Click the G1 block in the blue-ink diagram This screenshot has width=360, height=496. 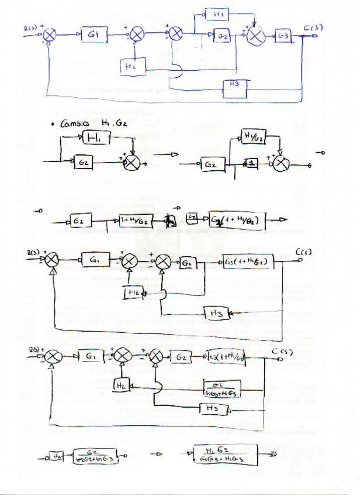tap(94, 35)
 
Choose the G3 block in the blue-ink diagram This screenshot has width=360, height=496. tap(283, 36)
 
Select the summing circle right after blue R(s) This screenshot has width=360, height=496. tap(50, 36)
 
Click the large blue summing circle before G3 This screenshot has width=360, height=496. tap(255, 36)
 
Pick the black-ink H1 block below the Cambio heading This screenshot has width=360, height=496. tap(96, 138)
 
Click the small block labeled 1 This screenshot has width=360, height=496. tap(251, 164)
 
